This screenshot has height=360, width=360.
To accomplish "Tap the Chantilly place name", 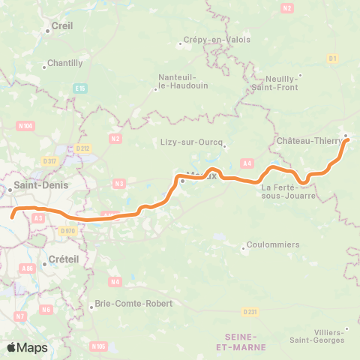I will [65, 63].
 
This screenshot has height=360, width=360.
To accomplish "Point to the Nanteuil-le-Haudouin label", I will [178, 81].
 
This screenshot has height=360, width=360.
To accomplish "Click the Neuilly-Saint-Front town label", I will [277, 82].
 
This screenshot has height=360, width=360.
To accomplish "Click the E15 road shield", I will [80, 88].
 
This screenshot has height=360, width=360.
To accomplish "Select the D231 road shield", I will [250, 311].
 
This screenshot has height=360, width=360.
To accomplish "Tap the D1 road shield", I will [332, 58].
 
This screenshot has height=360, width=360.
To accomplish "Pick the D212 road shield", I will [84, 148].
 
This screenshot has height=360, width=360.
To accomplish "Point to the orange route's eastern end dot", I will [347, 139].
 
